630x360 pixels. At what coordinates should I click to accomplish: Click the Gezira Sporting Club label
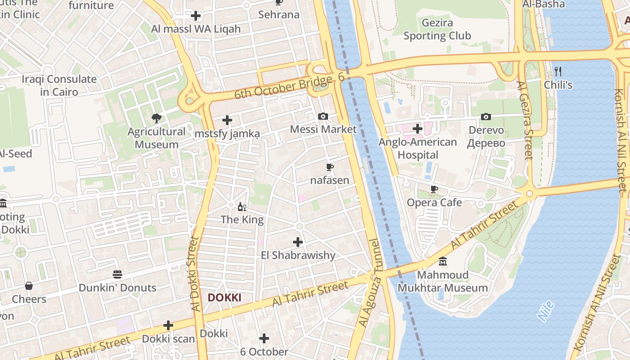(x=437, y=29)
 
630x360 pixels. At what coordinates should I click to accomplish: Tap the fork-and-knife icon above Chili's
(x=558, y=71)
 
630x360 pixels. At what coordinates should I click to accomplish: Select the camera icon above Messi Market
(x=323, y=117)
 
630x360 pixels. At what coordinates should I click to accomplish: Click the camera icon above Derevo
(x=486, y=117)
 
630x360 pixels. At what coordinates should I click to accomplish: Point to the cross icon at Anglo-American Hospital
(x=418, y=129)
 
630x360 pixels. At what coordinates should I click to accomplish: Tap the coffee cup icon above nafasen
(x=329, y=168)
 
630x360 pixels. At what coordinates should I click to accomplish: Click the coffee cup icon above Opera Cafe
(x=434, y=189)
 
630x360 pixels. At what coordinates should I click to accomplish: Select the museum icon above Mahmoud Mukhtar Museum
(x=443, y=261)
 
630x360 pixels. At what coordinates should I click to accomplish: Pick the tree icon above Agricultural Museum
(x=157, y=118)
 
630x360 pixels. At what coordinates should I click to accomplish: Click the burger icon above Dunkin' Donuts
(x=117, y=274)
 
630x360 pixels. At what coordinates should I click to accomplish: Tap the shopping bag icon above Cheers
(x=29, y=286)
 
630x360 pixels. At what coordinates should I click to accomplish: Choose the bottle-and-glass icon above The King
(x=242, y=207)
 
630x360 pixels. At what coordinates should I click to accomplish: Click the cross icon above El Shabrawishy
(x=298, y=242)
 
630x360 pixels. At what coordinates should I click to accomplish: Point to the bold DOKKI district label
(x=225, y=297)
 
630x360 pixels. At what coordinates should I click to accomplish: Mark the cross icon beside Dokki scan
(x=168, y=325)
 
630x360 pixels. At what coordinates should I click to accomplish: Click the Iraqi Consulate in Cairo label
(x=59, y=85)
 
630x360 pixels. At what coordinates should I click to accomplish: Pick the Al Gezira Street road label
(x=525, y=120)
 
